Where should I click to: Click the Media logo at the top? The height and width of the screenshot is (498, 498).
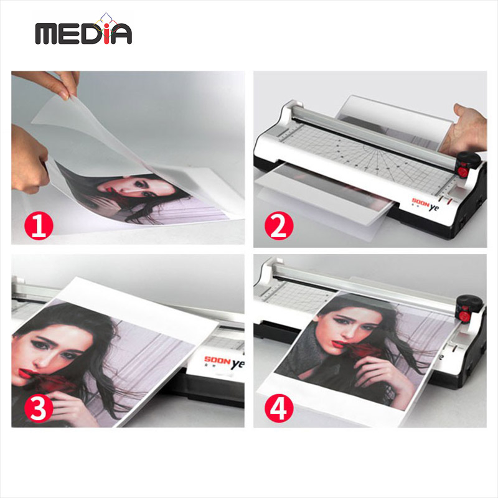pos(83,29)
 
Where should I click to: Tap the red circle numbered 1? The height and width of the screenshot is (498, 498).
pos(39,225)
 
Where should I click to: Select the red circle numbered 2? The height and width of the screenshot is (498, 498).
pos(279,225)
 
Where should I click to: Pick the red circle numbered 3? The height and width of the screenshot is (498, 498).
pos(39,408)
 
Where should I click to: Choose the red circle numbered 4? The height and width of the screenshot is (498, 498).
pos(279,408)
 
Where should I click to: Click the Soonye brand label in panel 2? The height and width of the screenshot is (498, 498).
pos(425,204)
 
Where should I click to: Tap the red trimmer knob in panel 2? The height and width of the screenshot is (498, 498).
pos(463,172)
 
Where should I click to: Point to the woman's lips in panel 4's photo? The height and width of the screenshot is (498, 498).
pos(338,344)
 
